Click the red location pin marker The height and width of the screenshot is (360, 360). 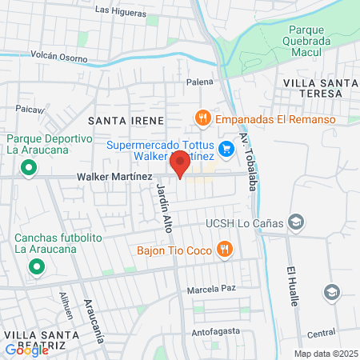tap(181, 166)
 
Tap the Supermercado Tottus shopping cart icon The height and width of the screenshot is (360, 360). tap(226, 147)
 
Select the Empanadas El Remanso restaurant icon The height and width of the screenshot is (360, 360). tap(203, 118)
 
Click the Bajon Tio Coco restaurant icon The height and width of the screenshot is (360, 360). tap(227, 248)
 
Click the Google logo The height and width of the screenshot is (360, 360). tap(27, 350)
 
